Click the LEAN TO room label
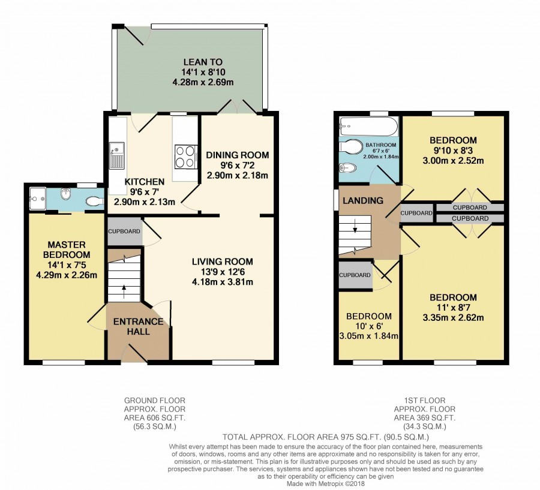[203, 62]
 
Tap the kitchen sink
[117, 156]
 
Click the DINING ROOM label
[237, 155]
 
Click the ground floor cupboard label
[124, 232]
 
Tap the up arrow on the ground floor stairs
[124, 288]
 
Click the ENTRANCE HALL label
[138, 326]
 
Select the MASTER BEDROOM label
[67, 249]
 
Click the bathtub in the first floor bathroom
[368, 127]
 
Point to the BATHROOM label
[381, 145]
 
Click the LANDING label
[363, 200]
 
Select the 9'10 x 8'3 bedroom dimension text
[453, 151]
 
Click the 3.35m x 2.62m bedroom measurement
[453, 317]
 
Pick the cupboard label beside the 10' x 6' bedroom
[355, 275]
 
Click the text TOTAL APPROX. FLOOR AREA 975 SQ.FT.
[303, 437]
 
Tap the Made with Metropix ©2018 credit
[326, 484]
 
